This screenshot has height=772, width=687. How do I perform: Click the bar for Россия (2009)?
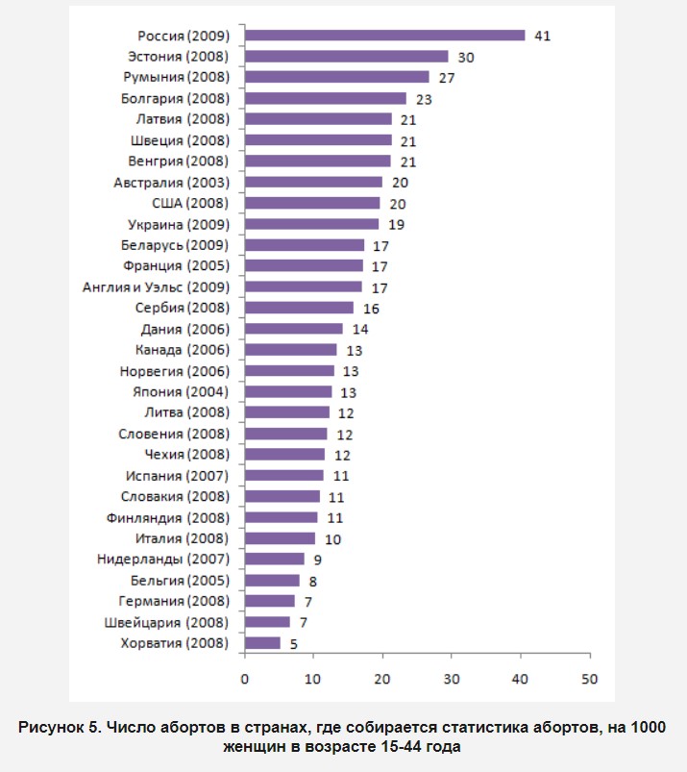point(384,36)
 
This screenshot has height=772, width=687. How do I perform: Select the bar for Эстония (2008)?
point(347,57)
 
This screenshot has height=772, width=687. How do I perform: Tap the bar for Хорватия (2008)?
point(262,643)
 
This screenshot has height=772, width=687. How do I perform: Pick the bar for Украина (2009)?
point(311,224)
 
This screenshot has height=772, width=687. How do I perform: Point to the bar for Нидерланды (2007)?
point(274,559)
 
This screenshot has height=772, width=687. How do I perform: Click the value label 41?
point(542,36)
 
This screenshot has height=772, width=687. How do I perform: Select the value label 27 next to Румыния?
point(447,78)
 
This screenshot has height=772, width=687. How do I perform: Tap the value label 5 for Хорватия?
point(293,643)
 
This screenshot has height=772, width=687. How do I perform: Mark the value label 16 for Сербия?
point(370,309)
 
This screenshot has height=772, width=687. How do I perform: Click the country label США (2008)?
point(190,203)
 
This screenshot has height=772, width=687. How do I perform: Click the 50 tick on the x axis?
point(589,680)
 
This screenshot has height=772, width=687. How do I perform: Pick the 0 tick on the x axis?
point(245,680)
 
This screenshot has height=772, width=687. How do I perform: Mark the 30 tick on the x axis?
point(452,680)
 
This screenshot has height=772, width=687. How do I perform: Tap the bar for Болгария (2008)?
point(326,98)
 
